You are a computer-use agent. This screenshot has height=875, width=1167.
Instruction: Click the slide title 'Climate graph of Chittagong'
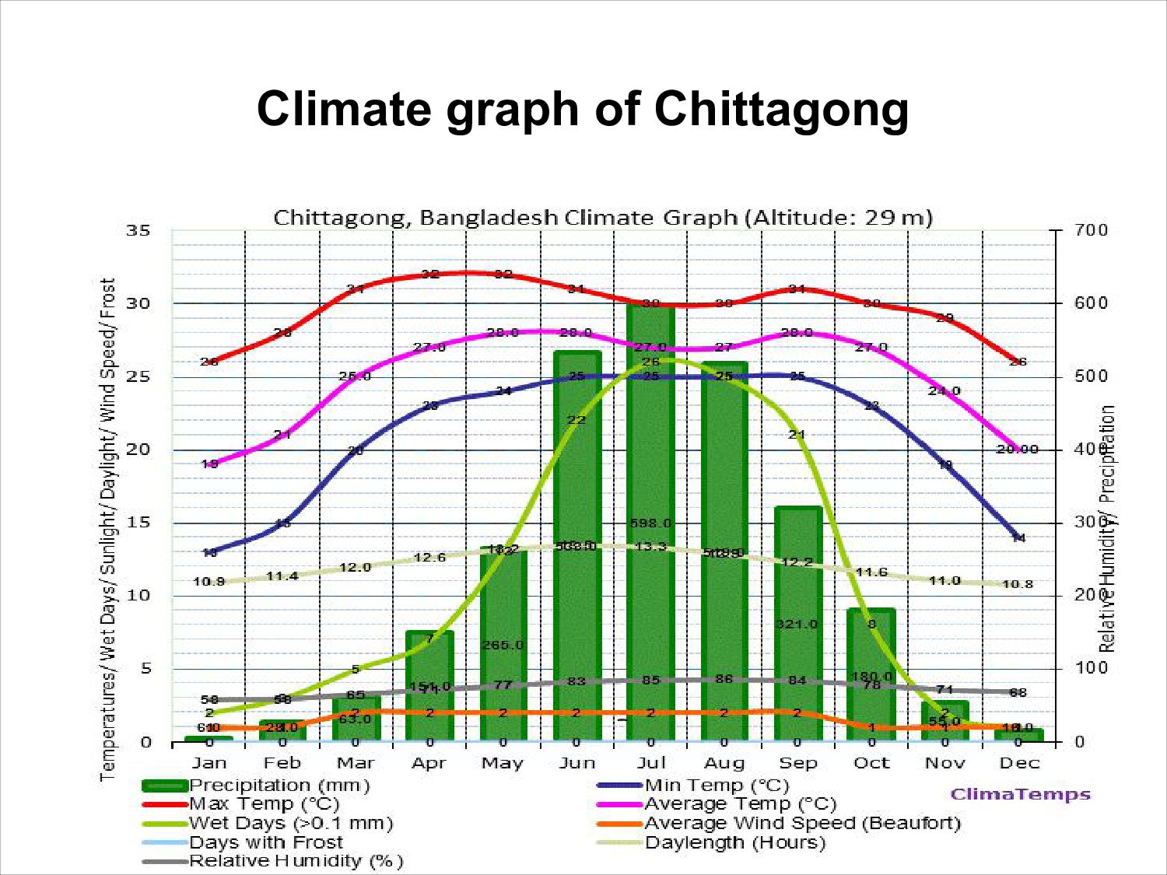583,108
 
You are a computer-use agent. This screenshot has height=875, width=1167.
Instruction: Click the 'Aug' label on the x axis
724,763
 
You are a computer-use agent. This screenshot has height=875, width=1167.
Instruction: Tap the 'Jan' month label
209,763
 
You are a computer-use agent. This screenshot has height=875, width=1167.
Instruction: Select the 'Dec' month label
1018,763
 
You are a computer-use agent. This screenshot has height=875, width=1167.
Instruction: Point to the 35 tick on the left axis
138,231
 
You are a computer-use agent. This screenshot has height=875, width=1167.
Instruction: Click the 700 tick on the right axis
1091,231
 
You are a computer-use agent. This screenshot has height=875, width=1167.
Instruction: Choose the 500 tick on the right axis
1091,376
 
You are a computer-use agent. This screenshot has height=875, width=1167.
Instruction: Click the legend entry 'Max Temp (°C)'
264,804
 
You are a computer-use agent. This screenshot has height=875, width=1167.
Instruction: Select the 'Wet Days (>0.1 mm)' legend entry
290,823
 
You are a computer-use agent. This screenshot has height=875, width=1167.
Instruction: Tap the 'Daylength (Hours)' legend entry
734,842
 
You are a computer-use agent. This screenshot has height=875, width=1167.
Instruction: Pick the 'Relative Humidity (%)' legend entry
296,861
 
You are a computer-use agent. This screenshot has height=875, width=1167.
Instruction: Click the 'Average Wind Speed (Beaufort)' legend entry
802,823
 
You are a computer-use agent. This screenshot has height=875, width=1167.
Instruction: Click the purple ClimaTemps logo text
1020,794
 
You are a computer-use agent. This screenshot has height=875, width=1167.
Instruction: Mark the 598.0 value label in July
650,523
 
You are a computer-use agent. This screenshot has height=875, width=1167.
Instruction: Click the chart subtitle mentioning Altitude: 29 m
603,218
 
